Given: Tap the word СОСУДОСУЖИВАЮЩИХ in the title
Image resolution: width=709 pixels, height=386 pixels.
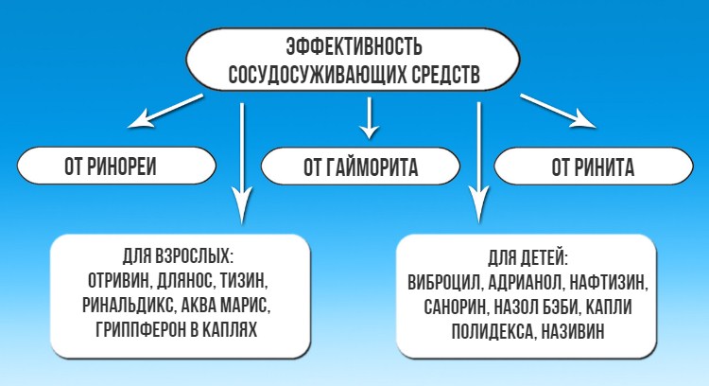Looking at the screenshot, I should click(x=313, y=74).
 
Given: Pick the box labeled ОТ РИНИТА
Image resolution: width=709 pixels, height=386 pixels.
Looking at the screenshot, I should click(x=593, y=167).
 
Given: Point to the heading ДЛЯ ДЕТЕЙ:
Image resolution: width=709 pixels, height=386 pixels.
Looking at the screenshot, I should click(x=528, y=256).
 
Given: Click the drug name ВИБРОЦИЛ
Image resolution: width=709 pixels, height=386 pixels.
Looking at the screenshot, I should click(x=445, y=281).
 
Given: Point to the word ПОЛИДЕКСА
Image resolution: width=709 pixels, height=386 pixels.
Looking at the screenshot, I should click(x=488, y=330).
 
